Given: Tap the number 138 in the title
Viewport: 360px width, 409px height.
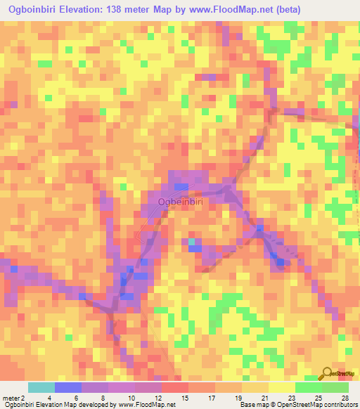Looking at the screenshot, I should click(129, 9).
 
